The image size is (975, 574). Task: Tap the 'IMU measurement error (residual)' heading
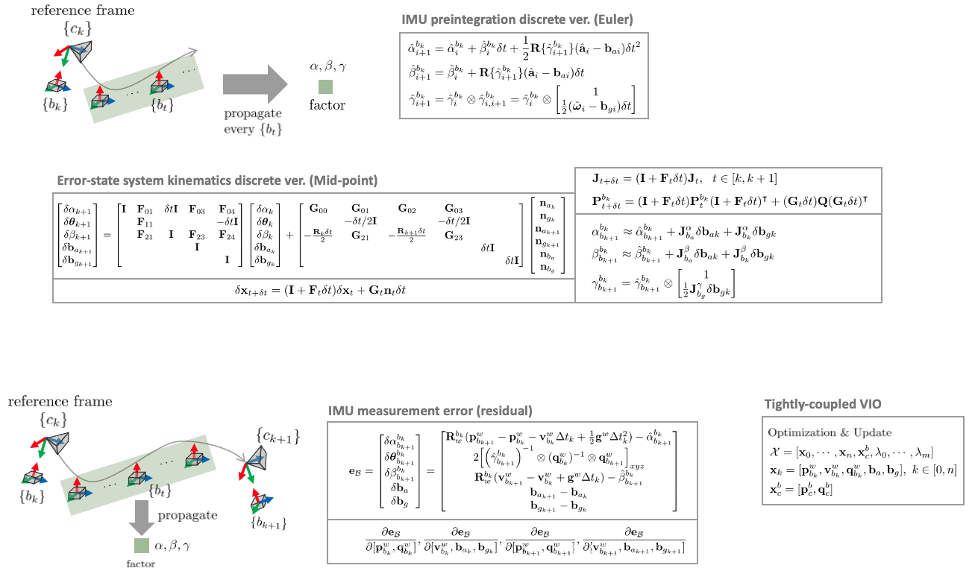coord(430,411)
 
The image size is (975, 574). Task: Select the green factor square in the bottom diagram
coord(141,546)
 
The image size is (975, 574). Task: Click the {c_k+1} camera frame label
coord(277,435)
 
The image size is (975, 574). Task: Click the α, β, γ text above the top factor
coord(327,67)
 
